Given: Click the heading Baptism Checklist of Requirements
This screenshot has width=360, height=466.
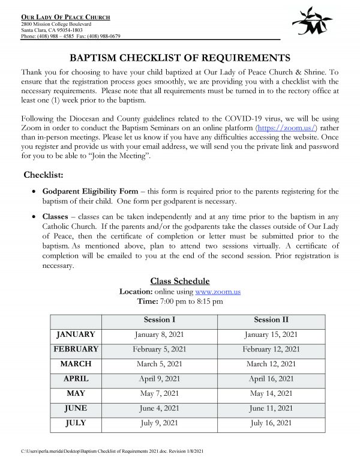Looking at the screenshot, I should pos(181,58).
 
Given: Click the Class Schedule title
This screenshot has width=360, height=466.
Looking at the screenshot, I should pos(179,281).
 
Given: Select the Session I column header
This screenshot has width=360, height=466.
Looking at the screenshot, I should pos(160,319).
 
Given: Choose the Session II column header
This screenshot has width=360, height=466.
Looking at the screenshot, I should pos(271,319).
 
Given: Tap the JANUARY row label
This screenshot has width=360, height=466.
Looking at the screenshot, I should pos(76,334).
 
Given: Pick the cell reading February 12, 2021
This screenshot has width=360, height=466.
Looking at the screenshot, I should pos(271,349).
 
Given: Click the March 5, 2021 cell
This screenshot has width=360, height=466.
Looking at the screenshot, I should pos(160,364).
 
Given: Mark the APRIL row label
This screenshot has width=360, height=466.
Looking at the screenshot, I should pos(76,379).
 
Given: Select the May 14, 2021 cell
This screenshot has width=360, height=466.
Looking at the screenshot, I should pos(271,394).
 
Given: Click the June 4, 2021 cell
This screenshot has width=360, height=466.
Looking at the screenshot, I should pos(160,409).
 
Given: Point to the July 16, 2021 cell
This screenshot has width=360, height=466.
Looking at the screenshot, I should pos(271,424).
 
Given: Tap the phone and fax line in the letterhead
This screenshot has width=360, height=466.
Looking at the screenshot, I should pos(70,36).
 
